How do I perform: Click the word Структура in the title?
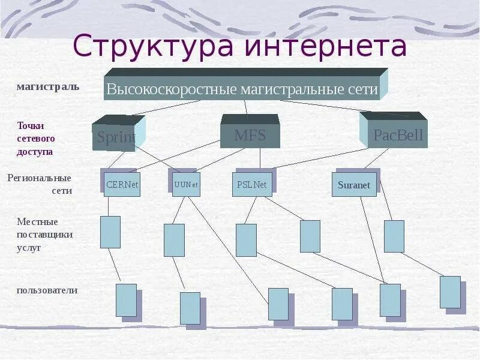click(153, 47)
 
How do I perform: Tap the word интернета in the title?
click(323, 47)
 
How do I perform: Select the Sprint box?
click(116, 137)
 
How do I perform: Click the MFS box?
click(250, 135)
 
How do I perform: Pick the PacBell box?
click(398, 135)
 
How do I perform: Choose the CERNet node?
click(122, 185)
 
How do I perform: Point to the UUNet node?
click(186, 185)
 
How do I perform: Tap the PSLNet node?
click(252, 185)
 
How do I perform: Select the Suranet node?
click(354, 185)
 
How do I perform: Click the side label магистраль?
click(48, 87)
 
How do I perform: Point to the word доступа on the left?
click(35, 151)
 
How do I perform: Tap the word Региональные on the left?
click(40, 178)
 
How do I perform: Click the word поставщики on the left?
click(45, 234)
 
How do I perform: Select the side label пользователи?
click(47, 290)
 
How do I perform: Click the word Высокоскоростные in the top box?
click(172, 90)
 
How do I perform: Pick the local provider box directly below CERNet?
click(110, 232)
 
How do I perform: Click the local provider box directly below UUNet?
click(174, 240)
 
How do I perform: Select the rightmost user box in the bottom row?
click(450, 292)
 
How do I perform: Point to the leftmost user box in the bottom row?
click(126, 300)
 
